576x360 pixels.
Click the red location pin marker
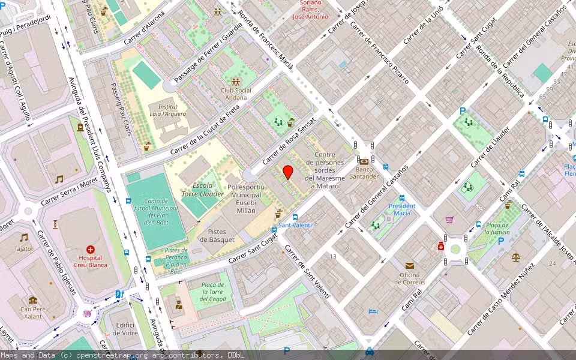pyautogui.click(x=288, y=172)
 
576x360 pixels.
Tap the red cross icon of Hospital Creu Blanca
pyautogui.click(x=91, y=249)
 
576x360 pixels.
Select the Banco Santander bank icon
pyautogui.click(x=364, y=161)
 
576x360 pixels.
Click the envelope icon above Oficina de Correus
pyautogui.click(x=409, y=265)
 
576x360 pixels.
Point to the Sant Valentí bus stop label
pyautogui.click(x=295, y=225)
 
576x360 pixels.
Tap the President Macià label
pyautogui.click(x=401, y=209)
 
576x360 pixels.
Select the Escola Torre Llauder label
pyautogui.click(x=203, y=190)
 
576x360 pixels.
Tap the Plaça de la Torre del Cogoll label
pyautogui.click(x=213, y=292)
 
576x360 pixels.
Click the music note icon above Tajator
pyautogui.click(x=24, y=238)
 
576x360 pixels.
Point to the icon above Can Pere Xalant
pyautogui.click(x=32, y=300)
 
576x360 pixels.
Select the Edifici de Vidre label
pyautogui.click(x=126, y=329)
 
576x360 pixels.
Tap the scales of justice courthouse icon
pyautogui.click(x=516, y=257)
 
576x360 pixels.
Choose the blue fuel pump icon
pyautogui.click(x=118, y=294)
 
